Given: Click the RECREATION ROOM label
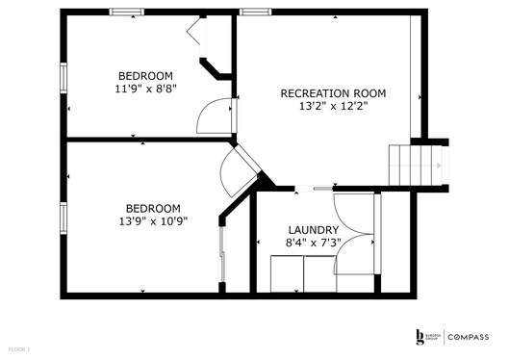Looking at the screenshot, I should click(x=333, y=93).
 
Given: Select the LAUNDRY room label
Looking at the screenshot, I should click(x=314, y=230).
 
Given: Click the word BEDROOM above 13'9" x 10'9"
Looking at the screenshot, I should click(x=153, y=208).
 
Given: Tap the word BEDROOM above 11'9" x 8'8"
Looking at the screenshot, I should click(x=145, y=76).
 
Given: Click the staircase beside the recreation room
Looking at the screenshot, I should click(x=417, y=165).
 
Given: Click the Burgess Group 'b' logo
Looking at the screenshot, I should click(x=420, y=336).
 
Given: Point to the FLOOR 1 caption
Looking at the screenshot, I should click(x=20, y=347).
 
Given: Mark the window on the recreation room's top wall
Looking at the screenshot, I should click(x=254, y=12).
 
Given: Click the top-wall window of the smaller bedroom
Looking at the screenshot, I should click(x=124, y=12).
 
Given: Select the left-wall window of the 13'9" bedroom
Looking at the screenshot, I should click(x=64, y=218).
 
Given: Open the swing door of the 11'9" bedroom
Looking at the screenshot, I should click(x=213, y=116).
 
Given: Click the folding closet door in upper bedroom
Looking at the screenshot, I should click(x=200, y=33).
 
